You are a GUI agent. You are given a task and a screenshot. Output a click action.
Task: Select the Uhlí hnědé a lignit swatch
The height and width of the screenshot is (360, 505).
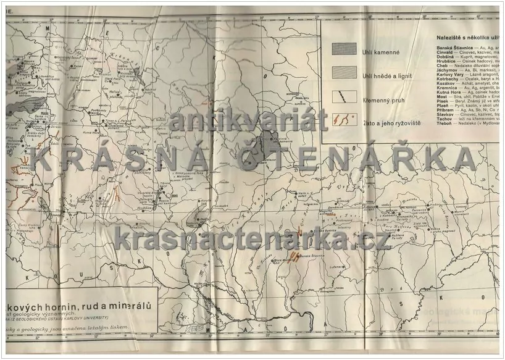346,73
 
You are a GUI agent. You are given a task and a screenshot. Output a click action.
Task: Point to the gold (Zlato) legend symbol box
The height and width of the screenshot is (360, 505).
346,119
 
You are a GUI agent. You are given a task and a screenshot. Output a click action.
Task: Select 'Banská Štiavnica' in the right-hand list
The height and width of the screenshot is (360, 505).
443,47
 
